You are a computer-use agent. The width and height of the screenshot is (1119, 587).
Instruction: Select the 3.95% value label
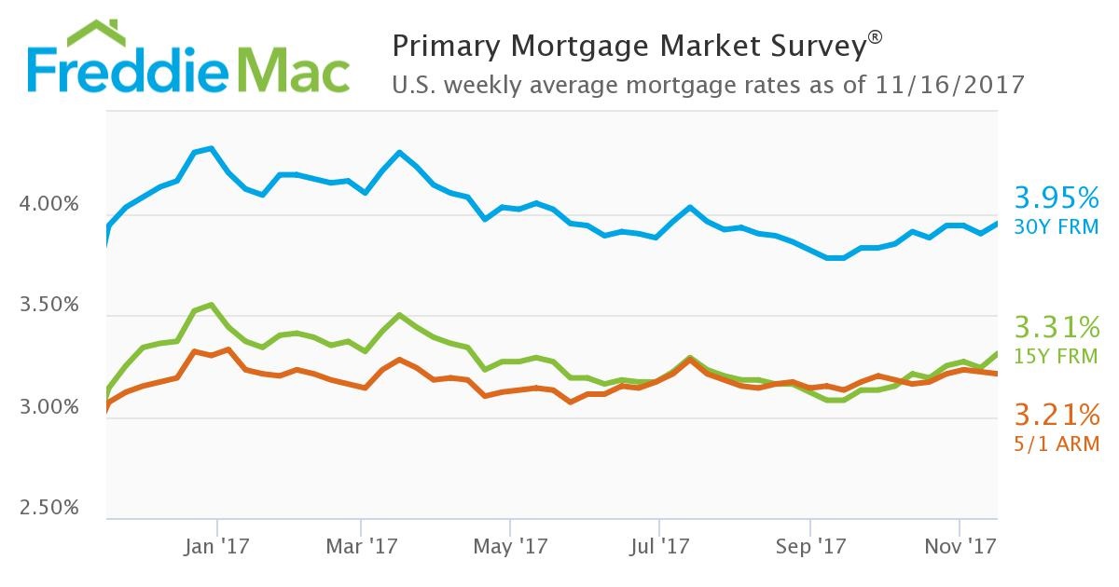coord(1057,198)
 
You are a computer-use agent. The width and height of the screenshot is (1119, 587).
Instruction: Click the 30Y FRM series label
coord(1057,226)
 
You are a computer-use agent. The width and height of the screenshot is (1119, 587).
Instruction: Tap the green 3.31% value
coord(1057,327)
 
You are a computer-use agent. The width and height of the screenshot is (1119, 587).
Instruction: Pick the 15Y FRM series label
coord(1057,356)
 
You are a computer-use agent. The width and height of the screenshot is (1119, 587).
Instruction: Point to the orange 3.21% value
coord(1057,413)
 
